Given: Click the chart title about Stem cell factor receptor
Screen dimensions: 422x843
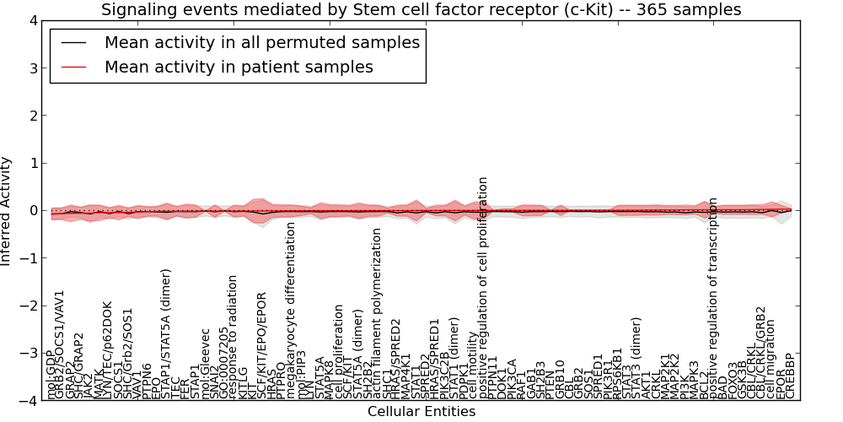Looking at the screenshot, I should (x=421, y=10).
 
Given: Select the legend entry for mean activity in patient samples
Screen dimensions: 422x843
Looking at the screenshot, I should (x=239, y=67).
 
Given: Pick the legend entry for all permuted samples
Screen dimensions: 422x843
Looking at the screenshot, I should (x=261, y=42).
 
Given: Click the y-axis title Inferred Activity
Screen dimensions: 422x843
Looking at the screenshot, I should (x=7, y=211).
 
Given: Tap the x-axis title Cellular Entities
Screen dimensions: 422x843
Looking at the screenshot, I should (x=421, y=412).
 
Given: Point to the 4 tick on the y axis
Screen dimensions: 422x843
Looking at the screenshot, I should (x=32, y=20).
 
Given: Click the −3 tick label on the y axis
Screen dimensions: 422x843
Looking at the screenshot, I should (x=28, y=354).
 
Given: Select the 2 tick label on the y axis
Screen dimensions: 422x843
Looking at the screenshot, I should (x=32, y=116).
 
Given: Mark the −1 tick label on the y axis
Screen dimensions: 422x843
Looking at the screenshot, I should (x=28, y=258).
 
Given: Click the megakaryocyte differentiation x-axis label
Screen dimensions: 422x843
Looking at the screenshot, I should (x=292, y=311).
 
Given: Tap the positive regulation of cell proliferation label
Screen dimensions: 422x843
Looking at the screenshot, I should (x=484, y=288).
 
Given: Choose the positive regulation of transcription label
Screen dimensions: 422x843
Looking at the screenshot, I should (x=713, y=299).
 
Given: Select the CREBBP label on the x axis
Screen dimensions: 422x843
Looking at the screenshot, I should (x=790, y=376).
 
